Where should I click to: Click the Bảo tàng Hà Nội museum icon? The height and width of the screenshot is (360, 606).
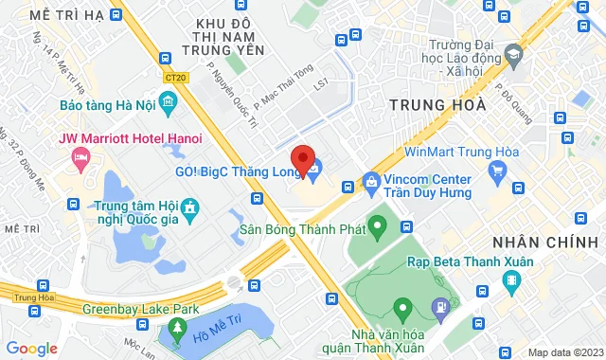tap(169, 101)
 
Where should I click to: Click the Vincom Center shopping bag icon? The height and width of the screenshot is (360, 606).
tap(371, 180)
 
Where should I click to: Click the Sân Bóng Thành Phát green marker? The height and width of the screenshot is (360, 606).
tap(377, 227)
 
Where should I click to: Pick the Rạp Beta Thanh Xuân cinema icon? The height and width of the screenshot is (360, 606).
tap(512, 280)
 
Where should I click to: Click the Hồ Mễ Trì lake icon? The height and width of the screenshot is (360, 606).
tap(173, 332)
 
